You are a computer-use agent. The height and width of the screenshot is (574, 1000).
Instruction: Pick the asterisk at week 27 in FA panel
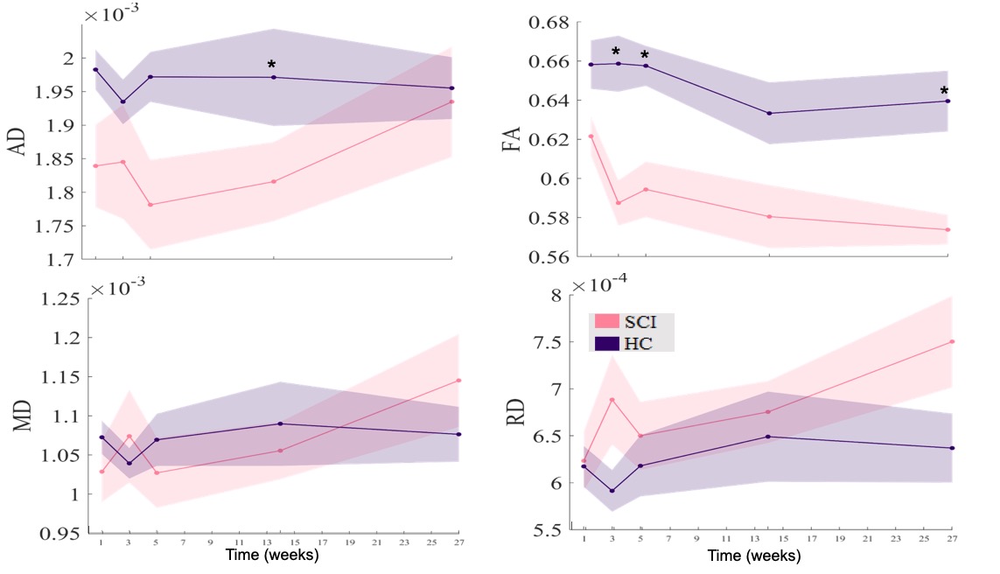[x=944, y=92]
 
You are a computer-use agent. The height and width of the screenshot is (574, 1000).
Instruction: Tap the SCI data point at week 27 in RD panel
[x=951, y=341]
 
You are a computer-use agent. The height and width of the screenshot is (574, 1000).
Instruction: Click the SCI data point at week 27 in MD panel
[x=458, y=381]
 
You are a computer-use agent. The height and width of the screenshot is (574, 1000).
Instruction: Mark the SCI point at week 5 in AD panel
[x=150, y=205]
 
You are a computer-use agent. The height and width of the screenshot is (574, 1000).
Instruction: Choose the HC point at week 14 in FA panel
[x=769, y=113]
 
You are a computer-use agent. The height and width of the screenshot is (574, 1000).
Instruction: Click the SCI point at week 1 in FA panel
[x=591, y=136]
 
